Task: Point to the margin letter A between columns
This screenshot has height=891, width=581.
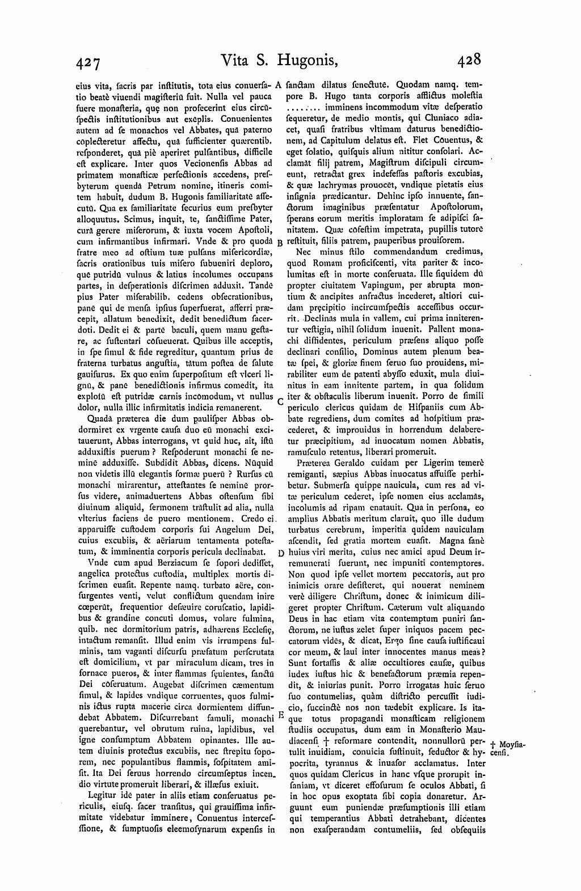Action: (x=279, y=86)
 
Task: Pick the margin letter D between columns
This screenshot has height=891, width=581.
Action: (x=280, y=553)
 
